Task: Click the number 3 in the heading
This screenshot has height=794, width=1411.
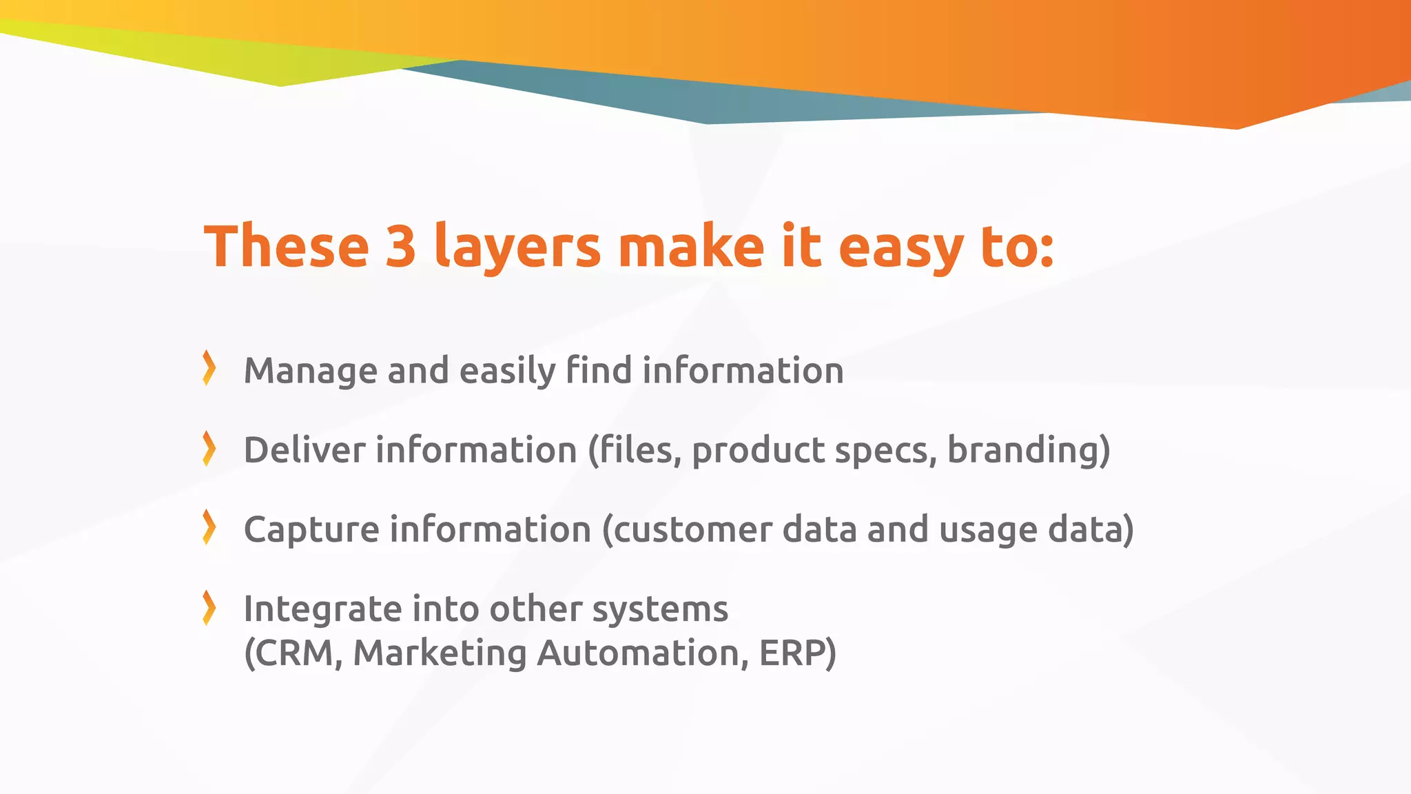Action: [400, 247]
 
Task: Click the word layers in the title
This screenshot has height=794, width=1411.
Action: [517, 247]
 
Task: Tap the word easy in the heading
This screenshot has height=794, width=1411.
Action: [900, 247]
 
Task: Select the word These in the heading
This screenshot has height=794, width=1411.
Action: [287, 247]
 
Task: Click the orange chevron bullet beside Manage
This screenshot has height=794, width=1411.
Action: [209, 368]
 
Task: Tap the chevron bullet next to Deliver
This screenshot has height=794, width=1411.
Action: [209, 448]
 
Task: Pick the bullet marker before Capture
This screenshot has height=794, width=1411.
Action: [209, 527]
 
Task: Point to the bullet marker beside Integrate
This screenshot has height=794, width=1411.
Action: [209, 608]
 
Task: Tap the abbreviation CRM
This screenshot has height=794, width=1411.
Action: [293, 653]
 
